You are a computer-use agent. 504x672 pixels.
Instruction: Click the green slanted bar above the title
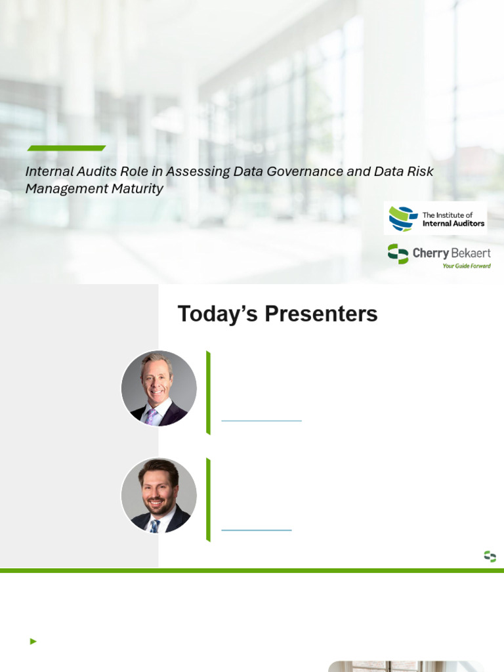(x=66, y=148)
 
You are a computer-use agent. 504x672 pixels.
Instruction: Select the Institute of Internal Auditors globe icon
(x=403, y=219)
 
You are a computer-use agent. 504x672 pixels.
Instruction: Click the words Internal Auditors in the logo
(x=453, y=223)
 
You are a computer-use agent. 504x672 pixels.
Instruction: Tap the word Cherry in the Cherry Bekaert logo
(x=430, y=253)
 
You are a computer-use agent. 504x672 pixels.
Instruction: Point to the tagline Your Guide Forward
(x=467, y=266)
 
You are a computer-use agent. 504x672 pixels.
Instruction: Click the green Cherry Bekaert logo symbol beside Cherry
(x=398, y=254)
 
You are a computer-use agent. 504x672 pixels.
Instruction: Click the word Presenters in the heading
(x=321, y=314)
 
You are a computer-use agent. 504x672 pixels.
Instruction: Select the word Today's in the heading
(x=217, y=314)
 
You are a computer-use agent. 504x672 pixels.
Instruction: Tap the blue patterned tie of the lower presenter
(x=155, y=526)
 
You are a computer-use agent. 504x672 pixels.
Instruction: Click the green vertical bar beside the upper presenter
(x=208, y=393)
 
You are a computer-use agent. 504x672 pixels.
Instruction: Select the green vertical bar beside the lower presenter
(x=208, y=500)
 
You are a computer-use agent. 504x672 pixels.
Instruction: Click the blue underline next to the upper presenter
(x=261, y=421)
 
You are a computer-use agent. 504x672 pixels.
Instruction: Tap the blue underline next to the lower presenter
(x=257, y=530)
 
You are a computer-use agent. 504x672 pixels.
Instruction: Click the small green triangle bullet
(x=33, y=642)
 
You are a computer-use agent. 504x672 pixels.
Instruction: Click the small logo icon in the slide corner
(x=490, y=556)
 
